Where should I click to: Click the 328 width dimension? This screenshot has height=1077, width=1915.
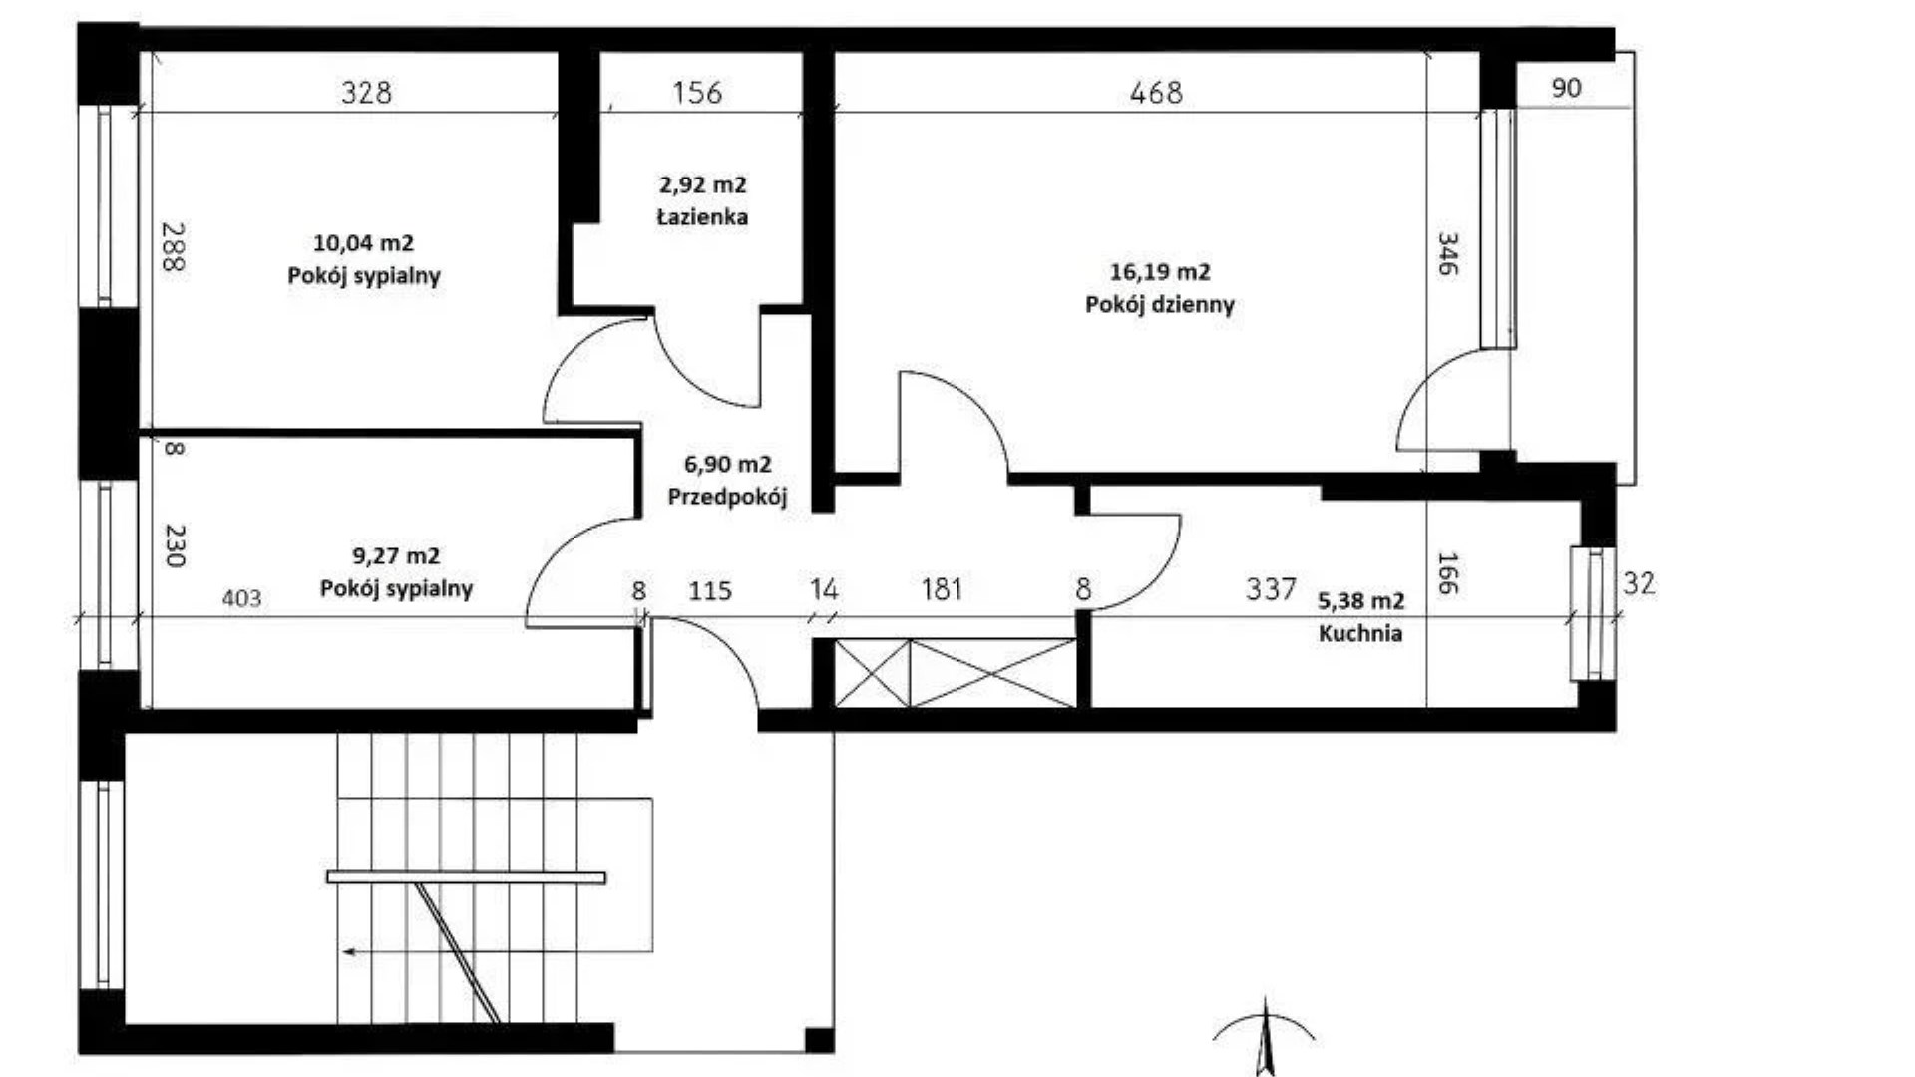pyautogui.click(x=366, y=93)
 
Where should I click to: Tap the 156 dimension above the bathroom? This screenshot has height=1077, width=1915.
pyautogui.click(x=696, y=93)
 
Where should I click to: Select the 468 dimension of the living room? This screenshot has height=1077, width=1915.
pyautogui.click(x=1156, y=93)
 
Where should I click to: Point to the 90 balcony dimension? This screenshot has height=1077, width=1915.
pyautogui.click(x=1566, y=88)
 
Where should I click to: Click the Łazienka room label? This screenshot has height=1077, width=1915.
pyautogui.click(x=702, y=217)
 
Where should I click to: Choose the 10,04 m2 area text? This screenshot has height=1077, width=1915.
pyautogui.click(x=363, y=242)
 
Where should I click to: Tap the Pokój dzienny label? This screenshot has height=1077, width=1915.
pyautogui.click(x=1160, y=305)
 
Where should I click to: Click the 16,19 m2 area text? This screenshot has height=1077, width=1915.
pyautogui.click(x=1160, y=271)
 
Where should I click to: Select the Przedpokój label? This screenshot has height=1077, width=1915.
pyautogui.click(x=727, y=497)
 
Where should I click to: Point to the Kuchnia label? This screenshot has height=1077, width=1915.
pyautogui.click(x=1360, y=633)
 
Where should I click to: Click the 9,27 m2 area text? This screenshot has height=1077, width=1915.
pyautogui.click(x=396, y=555)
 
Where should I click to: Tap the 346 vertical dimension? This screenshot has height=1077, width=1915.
pyautogui.click(x=1447, y=254)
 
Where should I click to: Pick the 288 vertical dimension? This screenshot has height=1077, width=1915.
pyautogui.click(x=173, y=246)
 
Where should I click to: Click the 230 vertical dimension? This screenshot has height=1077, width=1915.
pyautogui.click(x=175, y=545)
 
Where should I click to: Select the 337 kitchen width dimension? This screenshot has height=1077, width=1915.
pyautogui.click(x=1271, y=589)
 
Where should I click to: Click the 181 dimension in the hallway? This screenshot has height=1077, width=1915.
pyautogui.click(x=942, y=589)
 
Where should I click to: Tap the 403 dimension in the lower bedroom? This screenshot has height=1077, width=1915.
pyautogui.click(x=241, y=598)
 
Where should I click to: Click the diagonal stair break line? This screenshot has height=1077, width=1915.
pyautogui.click(x=457, y=952)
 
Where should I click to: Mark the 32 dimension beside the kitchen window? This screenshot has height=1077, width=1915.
pyautogui.click(x=1639, y=583)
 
